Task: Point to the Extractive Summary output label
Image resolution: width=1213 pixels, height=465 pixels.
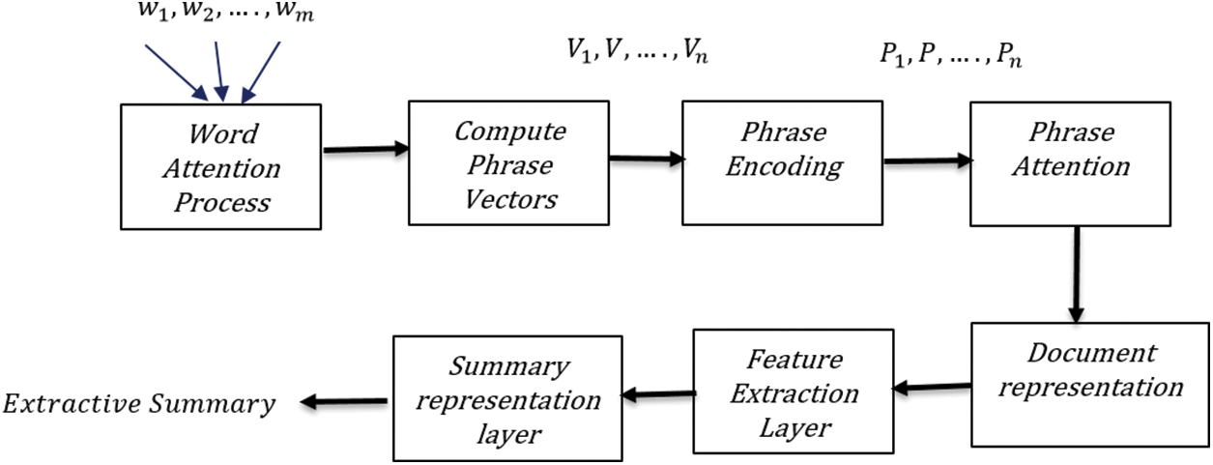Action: (x=139, y=404)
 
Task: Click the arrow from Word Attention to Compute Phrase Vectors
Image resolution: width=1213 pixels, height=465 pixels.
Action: (x=365, y=149)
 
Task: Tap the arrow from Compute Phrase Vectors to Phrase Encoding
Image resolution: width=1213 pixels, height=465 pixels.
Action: (x=648, y=159)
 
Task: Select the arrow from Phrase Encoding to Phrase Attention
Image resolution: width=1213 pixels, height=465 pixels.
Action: (x=928, y=160)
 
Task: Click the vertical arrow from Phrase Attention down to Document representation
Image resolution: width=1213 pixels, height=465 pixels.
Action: (x=1077, y=275)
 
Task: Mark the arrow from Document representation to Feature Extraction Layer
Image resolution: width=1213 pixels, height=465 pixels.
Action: (x=932, y=387)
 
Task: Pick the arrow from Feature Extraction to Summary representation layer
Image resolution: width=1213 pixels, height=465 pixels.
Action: (x=658, y=394)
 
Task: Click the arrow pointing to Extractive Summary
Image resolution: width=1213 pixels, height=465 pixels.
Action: (x=344, y=401)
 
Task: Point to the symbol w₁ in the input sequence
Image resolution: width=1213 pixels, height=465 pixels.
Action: (x=152, y=11)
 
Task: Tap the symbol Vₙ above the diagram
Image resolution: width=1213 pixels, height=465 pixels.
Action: (x=695, y=51)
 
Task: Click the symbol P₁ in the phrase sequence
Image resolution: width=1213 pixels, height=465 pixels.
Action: (x=892, y=55)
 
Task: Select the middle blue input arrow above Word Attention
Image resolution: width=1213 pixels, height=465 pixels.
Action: (x=219, y=72)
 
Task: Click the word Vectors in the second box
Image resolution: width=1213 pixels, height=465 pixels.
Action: (x=510, y=200)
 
